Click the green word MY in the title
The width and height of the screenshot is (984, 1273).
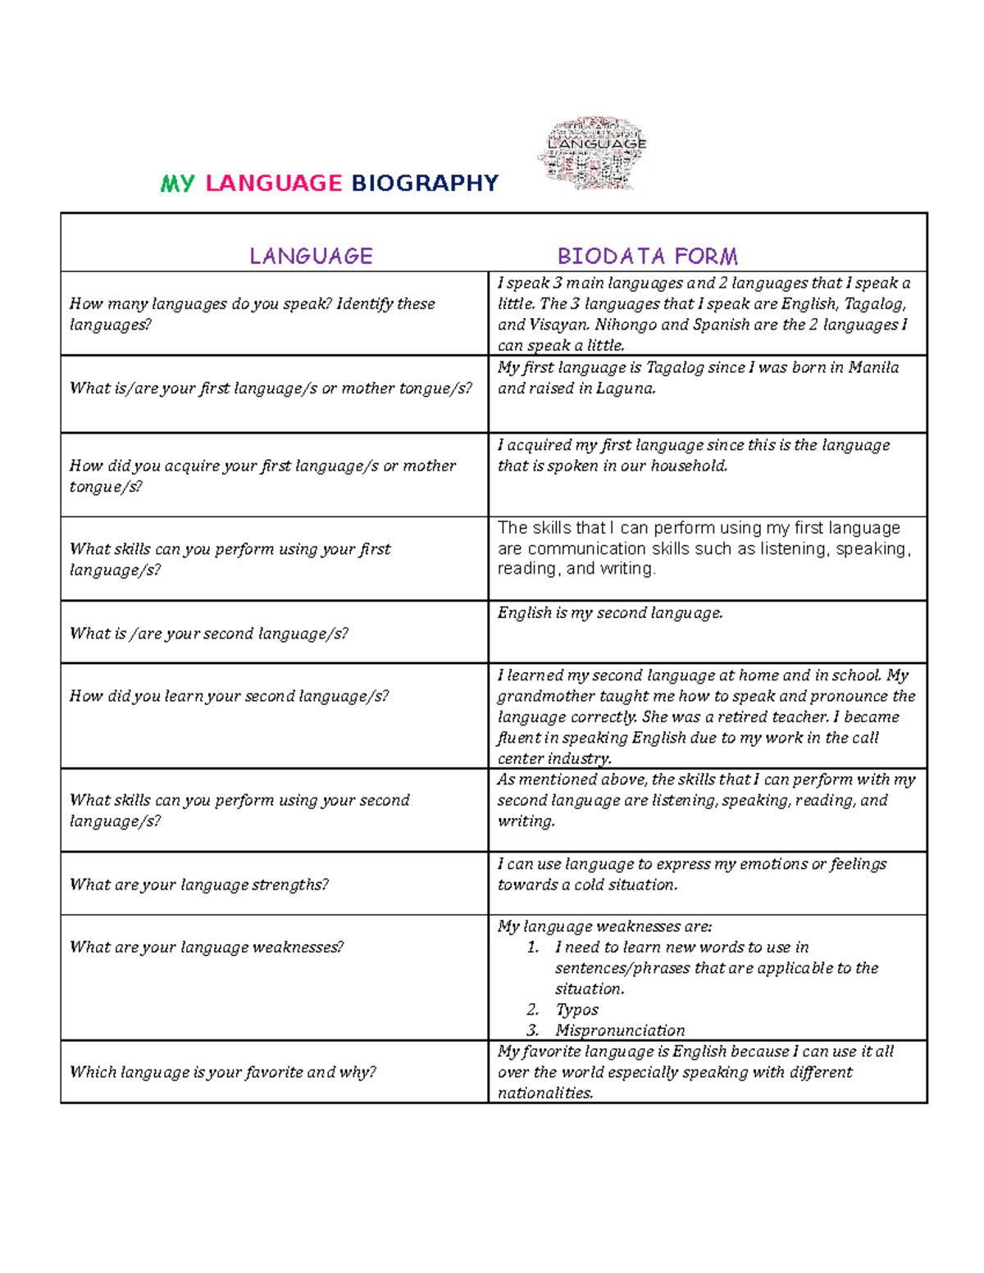tap(177, 183)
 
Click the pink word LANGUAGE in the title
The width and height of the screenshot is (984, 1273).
tap(273, 183)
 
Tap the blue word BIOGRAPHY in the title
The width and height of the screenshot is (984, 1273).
tap(425, 183)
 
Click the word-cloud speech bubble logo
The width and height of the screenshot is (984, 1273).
tap(593, 152)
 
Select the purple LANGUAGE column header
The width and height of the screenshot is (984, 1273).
tap(311, 257)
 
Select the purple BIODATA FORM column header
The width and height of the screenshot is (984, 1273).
tap(647, 257)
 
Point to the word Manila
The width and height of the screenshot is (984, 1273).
tap(873, 367)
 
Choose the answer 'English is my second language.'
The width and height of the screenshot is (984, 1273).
tap(610, 613)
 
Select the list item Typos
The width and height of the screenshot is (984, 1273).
tap(576, 1010)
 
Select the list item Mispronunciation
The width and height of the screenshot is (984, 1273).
tap(619, 1030)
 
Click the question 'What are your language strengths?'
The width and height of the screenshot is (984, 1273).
tap(199, 884)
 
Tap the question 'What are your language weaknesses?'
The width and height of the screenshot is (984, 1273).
tap(207, 947)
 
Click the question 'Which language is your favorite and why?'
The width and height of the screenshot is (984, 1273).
tap(223, 1072)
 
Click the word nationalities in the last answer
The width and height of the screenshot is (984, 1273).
tap(544, 1093)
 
